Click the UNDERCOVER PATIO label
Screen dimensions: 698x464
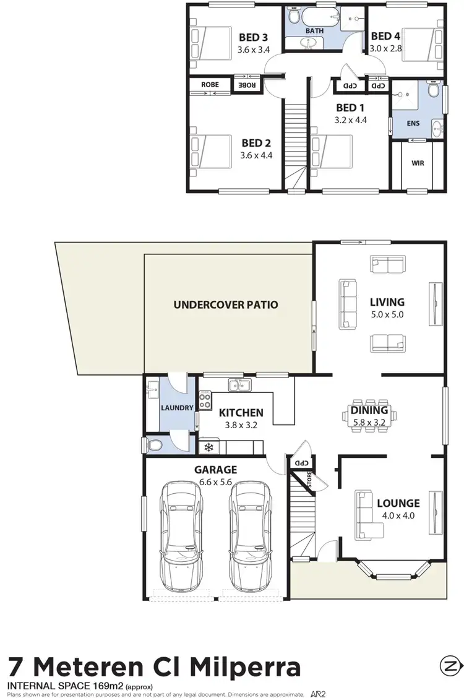pyautogui.click(x=226, y=304)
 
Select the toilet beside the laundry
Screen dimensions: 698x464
pyautogui.click(x=153, y=444)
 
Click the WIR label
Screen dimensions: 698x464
pyautogui.click(x=417, y=164)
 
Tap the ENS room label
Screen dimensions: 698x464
pyautogui.click(x=413, y=123)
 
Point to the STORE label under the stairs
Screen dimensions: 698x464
pyautogui.click(x=309, y=478)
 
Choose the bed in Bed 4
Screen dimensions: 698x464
pyautogui.click(x=423, y=46)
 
